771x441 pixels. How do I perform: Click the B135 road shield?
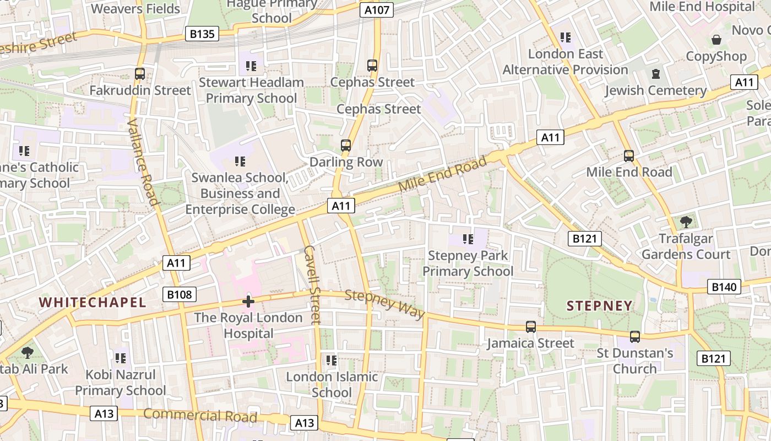click(x=202, y=34)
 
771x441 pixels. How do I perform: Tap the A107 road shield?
click(x=377, y=9)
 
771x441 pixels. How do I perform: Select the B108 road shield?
click(x=180, y=294)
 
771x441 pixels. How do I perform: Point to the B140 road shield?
click(x=724, y=287)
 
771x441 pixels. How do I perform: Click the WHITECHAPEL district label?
click(x=93, y=302)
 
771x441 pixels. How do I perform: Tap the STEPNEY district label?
click(x=599, y=306)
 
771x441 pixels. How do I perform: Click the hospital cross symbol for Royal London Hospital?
click(x=248, y=302)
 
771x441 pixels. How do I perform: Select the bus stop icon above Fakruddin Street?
click(x=140, y=73)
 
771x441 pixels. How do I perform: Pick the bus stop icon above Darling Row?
click(x=346, y=146)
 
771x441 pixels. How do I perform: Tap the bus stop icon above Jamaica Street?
click(x=530, y=327)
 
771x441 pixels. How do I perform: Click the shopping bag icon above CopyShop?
click(x=716, y=40)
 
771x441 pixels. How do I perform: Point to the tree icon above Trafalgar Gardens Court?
click(x=686, y=222)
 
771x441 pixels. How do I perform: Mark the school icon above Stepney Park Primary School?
click(x=468, y=239)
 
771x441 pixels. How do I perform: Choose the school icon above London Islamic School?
click(x=331, y=361)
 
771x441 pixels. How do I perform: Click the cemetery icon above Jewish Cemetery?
click(x=655, y=74)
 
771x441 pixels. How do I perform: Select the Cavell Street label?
click(x=312, y=284)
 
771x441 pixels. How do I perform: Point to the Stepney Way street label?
click(x=385, y=304)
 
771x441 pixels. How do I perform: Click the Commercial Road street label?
click(x=200, y=415)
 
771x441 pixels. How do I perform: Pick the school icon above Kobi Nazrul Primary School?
click(x=121, y=358)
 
